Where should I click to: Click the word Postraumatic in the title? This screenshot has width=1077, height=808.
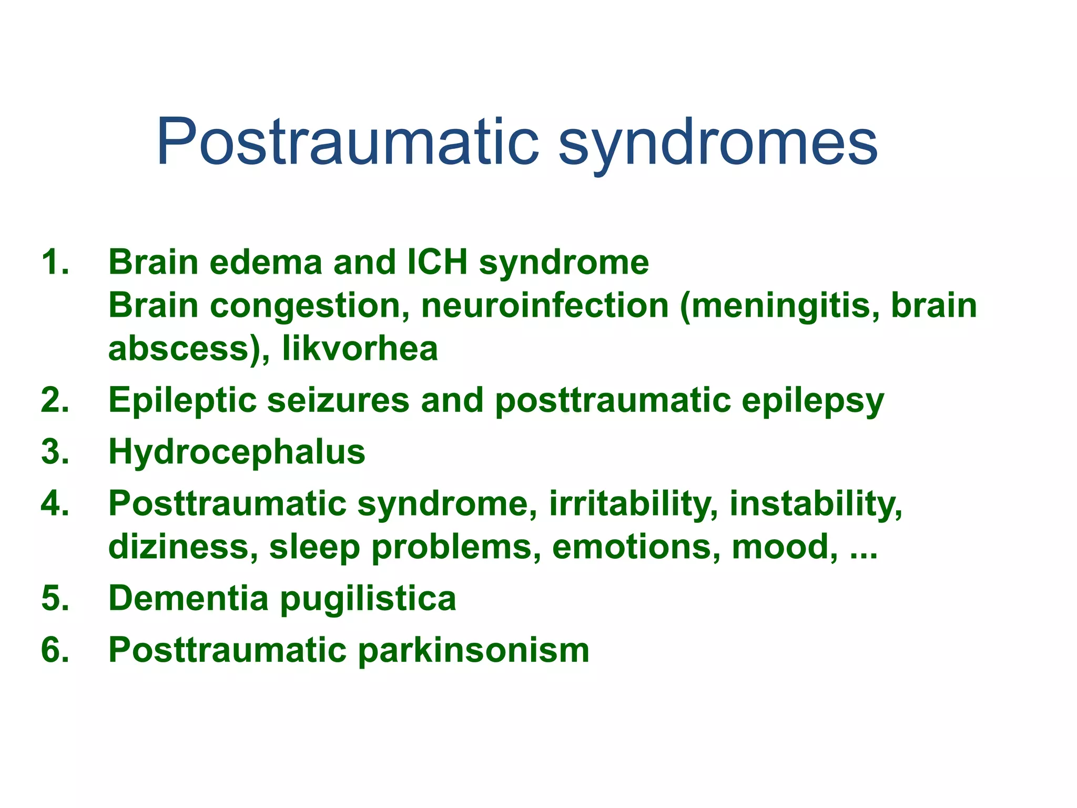347,142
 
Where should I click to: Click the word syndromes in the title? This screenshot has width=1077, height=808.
718,145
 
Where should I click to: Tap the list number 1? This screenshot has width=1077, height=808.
55,262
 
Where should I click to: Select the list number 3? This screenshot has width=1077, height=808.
55,452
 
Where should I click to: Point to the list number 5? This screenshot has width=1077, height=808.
55,598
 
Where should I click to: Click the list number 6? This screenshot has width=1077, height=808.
55,650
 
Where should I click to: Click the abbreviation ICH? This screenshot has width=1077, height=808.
438,262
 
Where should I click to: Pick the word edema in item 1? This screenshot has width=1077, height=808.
266,262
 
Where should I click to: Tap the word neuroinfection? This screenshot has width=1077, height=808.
545,306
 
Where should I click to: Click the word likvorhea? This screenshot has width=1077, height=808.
360,348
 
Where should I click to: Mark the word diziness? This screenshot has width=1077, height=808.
183,547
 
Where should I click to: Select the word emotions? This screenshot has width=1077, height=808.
636,547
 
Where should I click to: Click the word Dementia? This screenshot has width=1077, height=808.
188,598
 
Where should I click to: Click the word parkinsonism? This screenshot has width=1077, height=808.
474,651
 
